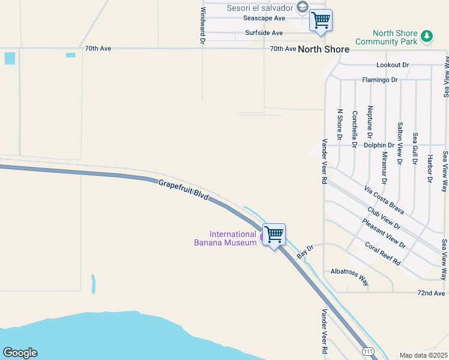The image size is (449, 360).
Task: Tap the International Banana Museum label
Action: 233,238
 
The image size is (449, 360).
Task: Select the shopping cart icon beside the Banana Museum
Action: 274,233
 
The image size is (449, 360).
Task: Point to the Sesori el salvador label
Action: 259,8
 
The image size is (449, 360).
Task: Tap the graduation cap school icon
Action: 303,7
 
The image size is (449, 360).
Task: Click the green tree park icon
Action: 427,37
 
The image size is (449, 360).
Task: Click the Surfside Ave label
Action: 264,33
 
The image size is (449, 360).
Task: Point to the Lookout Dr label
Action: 393,65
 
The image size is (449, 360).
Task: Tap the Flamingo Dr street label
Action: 380,80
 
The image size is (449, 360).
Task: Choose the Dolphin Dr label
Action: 379,145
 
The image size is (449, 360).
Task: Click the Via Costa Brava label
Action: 384,200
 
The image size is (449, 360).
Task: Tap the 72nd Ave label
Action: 433,293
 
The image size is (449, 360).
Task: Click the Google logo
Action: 20,353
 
